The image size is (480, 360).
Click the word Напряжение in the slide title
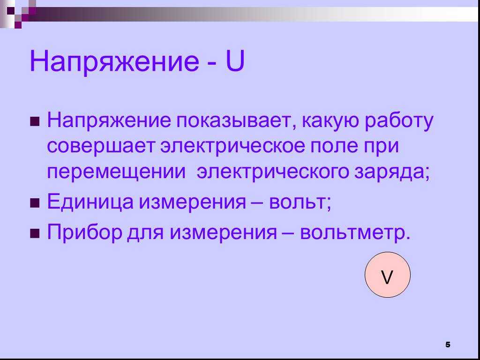[x=114, y=63]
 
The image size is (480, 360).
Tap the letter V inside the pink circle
[x=387, y=277]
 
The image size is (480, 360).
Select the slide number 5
[x=448, y=345]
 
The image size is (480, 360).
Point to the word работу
[x=398, y=121]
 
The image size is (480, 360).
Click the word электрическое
[x=232, y=146]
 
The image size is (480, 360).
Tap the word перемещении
[x=116, y=172]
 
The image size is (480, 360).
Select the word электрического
[x=272, y=172]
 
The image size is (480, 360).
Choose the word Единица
[x=90, y=202]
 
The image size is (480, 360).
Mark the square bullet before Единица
[x=35, y=203]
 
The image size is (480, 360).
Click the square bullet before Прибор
[x=35, y=233]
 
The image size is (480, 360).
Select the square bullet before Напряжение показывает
[x=35, y=121]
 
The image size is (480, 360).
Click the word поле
[x=334, y=146]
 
